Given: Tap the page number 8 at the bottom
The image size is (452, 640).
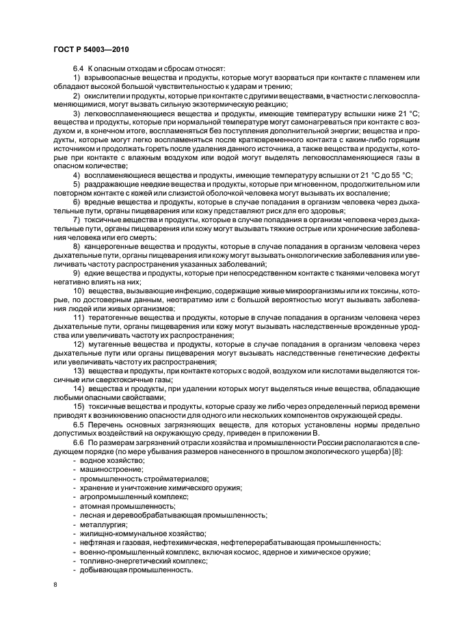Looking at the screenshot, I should (55, 585).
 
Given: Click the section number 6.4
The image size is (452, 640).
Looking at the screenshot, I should (77, 68).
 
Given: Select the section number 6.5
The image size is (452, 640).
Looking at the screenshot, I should (77, 423).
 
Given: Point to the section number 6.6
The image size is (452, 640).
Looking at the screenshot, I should (77, 442).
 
